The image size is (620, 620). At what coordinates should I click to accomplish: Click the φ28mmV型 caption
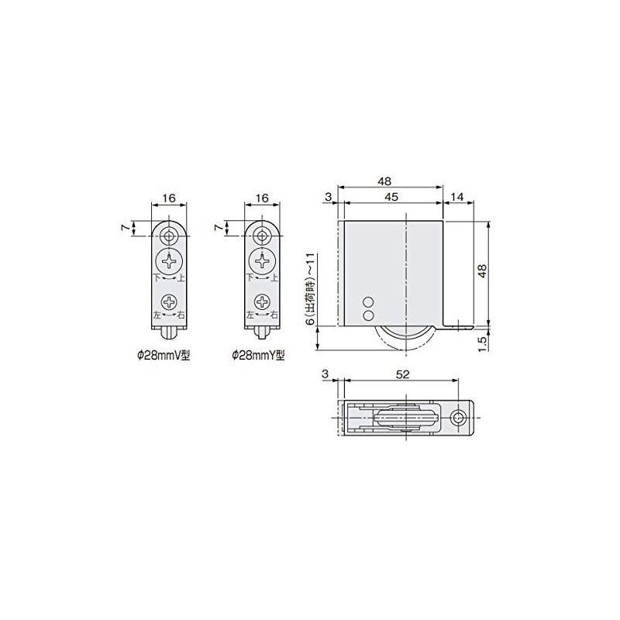pos(164,356)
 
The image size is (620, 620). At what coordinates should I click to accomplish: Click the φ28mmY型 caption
pos(258,356)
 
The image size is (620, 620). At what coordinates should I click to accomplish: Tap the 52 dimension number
pos(402,374)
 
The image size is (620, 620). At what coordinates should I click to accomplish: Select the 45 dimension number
pos(391,197)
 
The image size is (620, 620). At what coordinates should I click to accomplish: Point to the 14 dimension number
pos(456,197)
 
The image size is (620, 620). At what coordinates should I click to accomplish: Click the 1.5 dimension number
pos(481,344)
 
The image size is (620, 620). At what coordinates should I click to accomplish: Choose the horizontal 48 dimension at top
pos(384,181)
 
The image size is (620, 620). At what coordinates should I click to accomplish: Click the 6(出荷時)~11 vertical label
pos(312,289)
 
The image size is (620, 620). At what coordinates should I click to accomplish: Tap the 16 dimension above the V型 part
pos(169,198)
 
